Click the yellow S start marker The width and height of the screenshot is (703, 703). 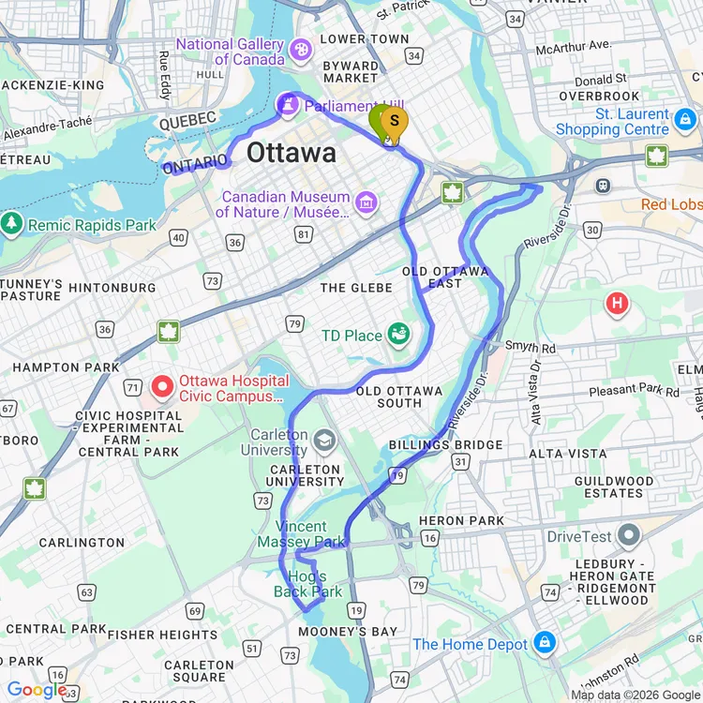click(x=395, y=121)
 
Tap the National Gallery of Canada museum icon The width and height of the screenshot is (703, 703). click(x=302, y=48)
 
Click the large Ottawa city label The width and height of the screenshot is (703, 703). click(x=291, y=153)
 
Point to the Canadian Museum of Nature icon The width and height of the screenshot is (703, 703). click(x=366, y=202)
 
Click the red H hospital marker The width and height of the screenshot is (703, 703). click(x=617, y=303)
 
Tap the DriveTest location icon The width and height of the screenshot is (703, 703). click(x=628, y=536)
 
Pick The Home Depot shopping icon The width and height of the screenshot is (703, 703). click(x=544, y=643)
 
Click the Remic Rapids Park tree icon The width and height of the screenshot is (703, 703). click(x=12, y=225)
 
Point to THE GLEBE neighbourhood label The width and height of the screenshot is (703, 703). click(x=356, y=288)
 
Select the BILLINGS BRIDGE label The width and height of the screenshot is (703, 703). click(x=446, y=445)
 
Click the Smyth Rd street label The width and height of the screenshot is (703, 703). click(x=531, y=346)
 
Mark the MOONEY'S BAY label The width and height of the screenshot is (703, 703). click(x=348, y=632)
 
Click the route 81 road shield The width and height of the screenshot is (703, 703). click(x=303, y=233)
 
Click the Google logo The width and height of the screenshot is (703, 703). click(x=36, y=690)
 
